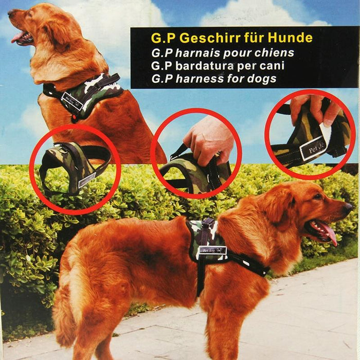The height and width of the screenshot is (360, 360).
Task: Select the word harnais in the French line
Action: tap(197, 52)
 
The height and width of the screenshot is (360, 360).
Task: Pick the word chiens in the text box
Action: tap(276, 52)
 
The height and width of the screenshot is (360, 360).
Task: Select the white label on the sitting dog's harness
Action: tap(73, 101)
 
